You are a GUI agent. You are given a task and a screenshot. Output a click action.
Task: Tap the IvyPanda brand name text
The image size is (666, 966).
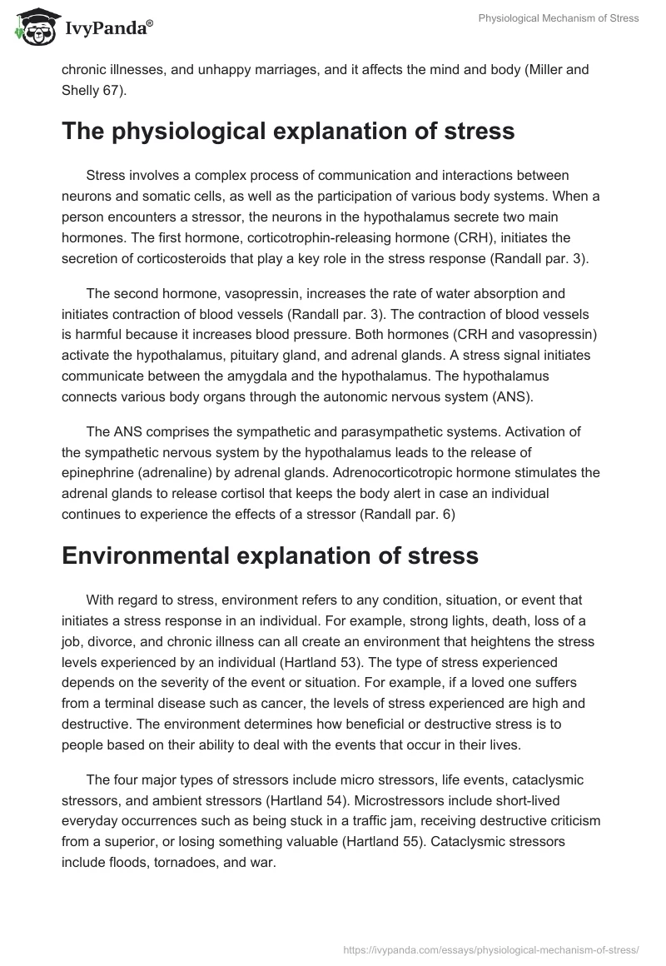pos(107,28)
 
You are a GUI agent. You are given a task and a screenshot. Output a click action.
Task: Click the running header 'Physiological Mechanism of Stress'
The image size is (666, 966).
pos(559,18)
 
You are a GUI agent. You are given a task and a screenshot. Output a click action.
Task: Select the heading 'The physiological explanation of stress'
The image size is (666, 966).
pos(288,132)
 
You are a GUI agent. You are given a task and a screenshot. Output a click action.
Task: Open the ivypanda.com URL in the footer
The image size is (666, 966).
pos(491,949)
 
